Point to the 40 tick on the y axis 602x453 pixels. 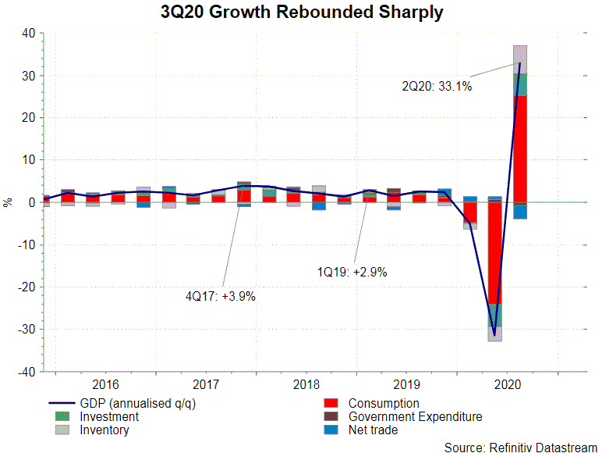pyautogui.click(x=28, y=34)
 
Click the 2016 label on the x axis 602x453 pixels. pyautogui.click(x=105, y=384)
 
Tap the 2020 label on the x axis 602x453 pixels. pyautogui.click(x=508, y=384)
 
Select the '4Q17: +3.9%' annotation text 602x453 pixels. pyautogui.click(x=221, y=296)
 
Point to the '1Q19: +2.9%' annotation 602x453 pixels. pyautogui.click(x=352, y=273)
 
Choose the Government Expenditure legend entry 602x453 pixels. pyautogui.click(x=415, y=417)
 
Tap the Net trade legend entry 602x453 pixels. pyautogui.click(x=373, y=430)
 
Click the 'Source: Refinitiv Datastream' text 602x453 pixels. pyautogui.click(x=521, y=447)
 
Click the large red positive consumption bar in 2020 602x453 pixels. pyautogui.click(x=520, y=148)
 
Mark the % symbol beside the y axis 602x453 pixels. pyautogui.click(x=8, y=202)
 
